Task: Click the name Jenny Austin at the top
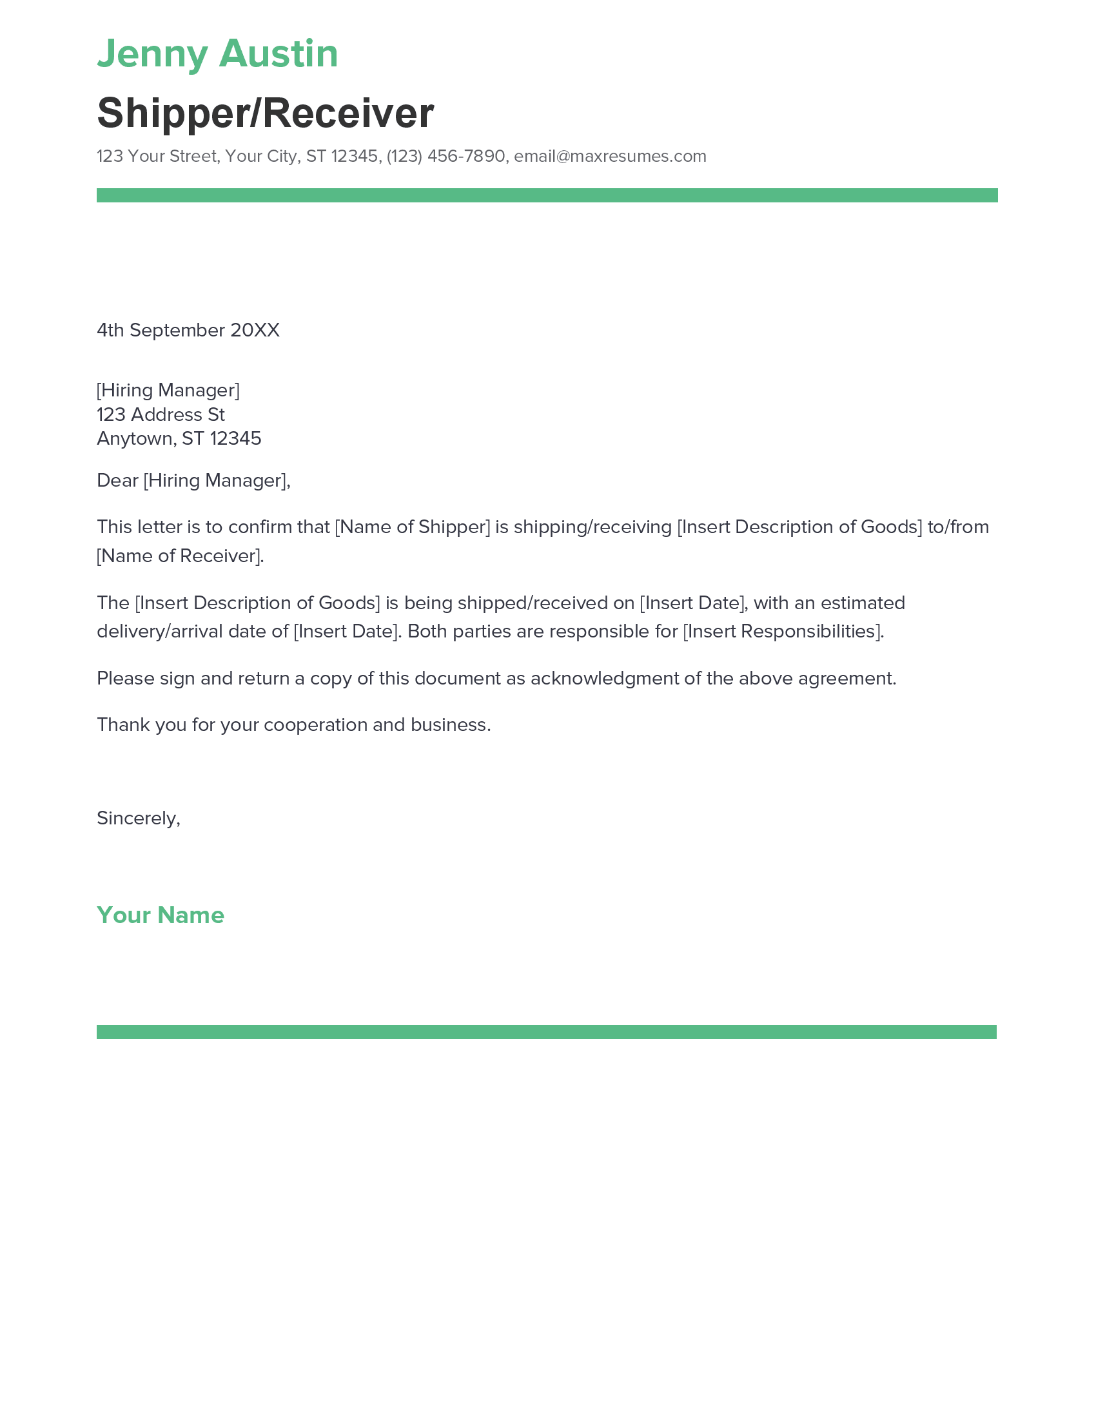(217, 54)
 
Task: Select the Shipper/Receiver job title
(265, 113)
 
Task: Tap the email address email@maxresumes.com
(610, 157)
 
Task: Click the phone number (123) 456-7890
(445, 157)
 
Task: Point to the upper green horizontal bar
(547, 195)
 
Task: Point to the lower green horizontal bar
(547, 1032)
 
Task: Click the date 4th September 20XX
(188, 331)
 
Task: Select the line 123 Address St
(161, 414)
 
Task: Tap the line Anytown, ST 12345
(179, 439)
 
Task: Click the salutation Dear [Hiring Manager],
(193, 480)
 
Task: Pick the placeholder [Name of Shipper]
(413, 527)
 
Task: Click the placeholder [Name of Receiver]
(180, 556)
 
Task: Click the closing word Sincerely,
(139, 818)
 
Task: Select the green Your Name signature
(161, 915)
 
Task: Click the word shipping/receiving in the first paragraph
(592, 527)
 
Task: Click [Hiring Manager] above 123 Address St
(168, 390)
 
